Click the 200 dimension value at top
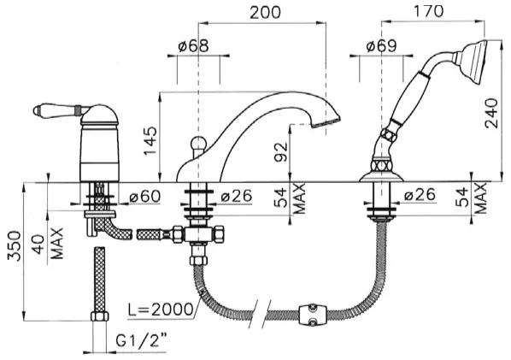click(x=265, y=12)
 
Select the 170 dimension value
click(x=428, y=11)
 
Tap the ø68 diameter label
click(x=193, y=46)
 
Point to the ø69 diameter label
click(x=382, y=46)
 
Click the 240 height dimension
click(x=491, y=113)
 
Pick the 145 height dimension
click(x=150, y=140)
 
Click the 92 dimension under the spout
click(x=282, y=151)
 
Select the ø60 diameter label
click(x=145, y=196)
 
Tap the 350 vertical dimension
click(x=15, y=246)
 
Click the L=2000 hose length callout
click(x=160, y=310)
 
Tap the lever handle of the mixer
click(x=59, y=110)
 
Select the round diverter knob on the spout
click(x=197, y=144)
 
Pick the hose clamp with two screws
click(x=313, y=314)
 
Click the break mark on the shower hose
click(x=261, y=313)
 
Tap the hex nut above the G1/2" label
click(x=99, y=316)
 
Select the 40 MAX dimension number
click(x=38, y=245)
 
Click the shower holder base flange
click(x=381, y=177)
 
